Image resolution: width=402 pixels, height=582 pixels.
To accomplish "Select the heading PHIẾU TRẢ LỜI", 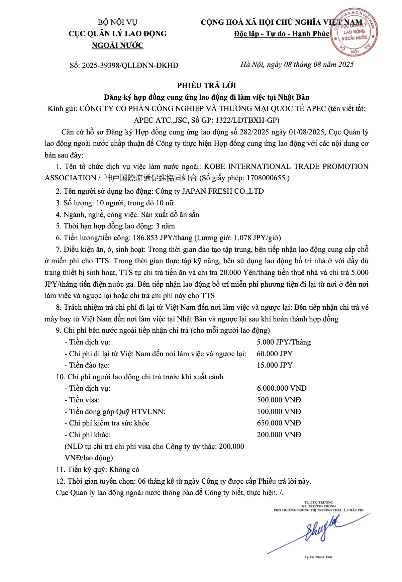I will [206, 85].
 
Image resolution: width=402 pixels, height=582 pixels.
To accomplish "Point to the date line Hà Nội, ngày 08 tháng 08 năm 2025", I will [297, 65].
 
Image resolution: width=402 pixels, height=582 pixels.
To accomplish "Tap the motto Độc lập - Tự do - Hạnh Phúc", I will [281, 34].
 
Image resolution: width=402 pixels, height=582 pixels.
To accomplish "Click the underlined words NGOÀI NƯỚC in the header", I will [118, 45].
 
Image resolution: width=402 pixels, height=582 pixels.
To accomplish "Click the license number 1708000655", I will [266, 178].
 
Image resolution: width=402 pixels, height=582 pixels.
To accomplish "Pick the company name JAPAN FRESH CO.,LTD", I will [223, 191].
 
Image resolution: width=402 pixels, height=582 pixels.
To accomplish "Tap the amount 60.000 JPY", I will [275, 354].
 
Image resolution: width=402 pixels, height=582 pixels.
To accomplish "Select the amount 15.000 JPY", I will [275, 365].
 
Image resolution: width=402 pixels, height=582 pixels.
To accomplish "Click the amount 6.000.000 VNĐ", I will [282, 388].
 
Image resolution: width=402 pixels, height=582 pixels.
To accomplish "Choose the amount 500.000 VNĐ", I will [279, 400].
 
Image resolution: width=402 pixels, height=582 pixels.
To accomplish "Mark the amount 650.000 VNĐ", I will [279, 423].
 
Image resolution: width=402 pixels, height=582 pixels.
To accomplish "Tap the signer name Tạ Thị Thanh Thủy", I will [318, 557].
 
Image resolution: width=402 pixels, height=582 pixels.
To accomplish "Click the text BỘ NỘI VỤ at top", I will [118, 22].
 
